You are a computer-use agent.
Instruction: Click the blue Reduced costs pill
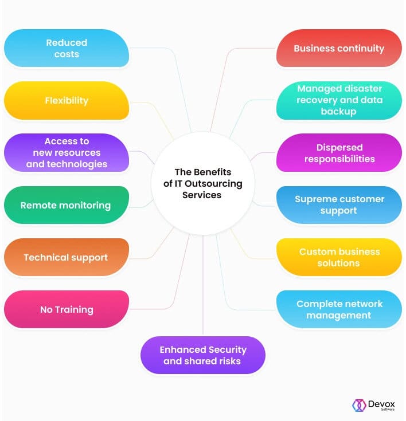click(67, 48)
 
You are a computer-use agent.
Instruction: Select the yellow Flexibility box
click(67, 100)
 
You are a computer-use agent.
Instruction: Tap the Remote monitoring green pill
click(67, 205)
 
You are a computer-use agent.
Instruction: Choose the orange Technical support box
click(67, 257)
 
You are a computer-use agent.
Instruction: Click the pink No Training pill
click(67, 309)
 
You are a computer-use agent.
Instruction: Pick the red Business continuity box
click(339, 48)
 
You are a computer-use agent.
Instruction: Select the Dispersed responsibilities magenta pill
click(339, 153)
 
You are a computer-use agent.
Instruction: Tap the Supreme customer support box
click(339, 205)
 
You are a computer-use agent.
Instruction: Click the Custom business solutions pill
click(339, 257)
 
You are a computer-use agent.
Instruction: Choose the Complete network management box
click(339, 309)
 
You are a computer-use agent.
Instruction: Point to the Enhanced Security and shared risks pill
click(203, 355)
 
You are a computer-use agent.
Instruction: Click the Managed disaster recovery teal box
click(339, 100)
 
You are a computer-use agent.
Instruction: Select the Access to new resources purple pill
click(67, 153)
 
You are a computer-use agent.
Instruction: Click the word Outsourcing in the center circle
click(213, 184)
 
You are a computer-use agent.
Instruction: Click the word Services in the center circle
click(202, 195)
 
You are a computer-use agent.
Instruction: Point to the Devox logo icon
click(359, 405)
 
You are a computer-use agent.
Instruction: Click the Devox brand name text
click(381, 404)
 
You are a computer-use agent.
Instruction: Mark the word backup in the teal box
click(338, 112)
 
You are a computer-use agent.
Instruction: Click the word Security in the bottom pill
click(228, 350)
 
